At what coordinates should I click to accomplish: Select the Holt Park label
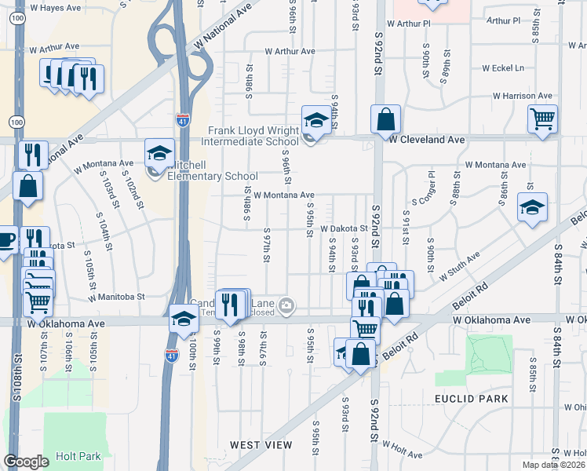(x=78, y=456)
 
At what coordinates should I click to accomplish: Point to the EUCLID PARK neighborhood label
(x=472, y=399)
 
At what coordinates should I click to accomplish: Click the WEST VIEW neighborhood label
(x=261, y=445)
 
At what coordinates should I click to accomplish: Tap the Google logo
(x=26, y=462)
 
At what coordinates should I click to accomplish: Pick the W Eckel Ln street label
(x=504, y=68)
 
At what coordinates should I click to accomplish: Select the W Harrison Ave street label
(x=522, y=96)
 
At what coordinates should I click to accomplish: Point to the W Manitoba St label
(x=117, y=298)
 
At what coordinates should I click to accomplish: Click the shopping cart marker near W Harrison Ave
(x=542, y=120)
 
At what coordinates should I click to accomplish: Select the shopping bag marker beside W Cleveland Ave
(x=385, y=120)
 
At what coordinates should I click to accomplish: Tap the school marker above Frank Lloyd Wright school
(x=316, y=120)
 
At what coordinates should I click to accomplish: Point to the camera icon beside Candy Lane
(x=287, y=305)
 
